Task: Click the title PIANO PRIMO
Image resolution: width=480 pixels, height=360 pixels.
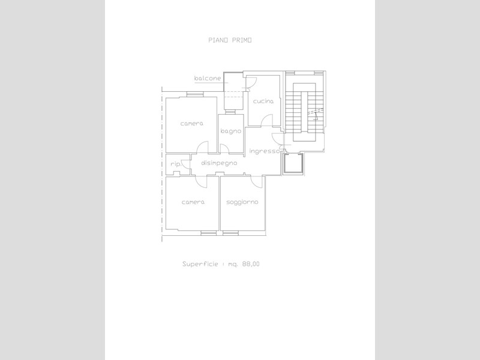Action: tap(230, 40)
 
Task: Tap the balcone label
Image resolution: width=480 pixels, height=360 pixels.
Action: tap(208, 79)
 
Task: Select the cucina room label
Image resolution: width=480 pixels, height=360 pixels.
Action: tap(263, 101)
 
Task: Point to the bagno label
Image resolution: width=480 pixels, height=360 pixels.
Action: tap(231, 131)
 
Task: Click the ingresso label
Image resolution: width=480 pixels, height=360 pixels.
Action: tap(264, 151)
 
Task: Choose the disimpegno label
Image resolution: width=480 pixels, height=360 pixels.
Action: tap(219, 163)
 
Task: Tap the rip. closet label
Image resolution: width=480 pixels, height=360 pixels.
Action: tap(176, 164)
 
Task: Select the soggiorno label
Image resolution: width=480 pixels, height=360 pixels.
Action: tap(242, 202)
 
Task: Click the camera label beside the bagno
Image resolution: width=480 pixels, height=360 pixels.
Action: tap(191, 124)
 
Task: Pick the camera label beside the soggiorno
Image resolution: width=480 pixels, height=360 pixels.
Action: tap(193, 202)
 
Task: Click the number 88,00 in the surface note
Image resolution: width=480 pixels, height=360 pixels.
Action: tap(251, 264)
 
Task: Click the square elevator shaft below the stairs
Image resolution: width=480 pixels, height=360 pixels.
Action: tap(293, 164)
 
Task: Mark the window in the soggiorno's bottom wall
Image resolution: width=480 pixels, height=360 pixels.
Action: tap(230, 233)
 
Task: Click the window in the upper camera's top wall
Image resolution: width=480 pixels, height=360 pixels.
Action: tap(195, 94)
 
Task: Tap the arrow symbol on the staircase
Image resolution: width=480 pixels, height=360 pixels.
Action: tap(316, 115)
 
